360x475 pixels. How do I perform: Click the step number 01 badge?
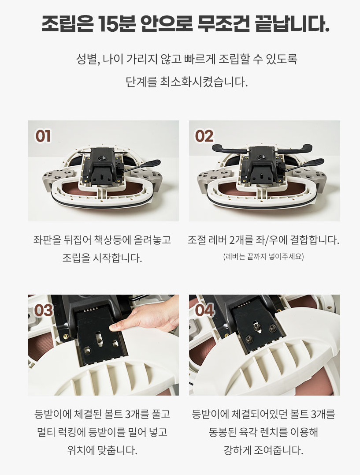(43, 136)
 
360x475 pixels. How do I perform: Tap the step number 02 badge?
(204, 136)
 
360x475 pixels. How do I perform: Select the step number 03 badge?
(44, 310)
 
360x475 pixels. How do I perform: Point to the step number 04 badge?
(205, 310)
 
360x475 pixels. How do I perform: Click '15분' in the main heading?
(117, 24)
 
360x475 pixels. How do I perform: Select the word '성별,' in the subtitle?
(88, 59)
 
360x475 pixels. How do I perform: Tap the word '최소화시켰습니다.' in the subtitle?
(204, 82)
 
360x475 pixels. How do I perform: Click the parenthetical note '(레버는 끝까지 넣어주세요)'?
(264, 257)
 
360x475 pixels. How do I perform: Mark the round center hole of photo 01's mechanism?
(100, 157)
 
